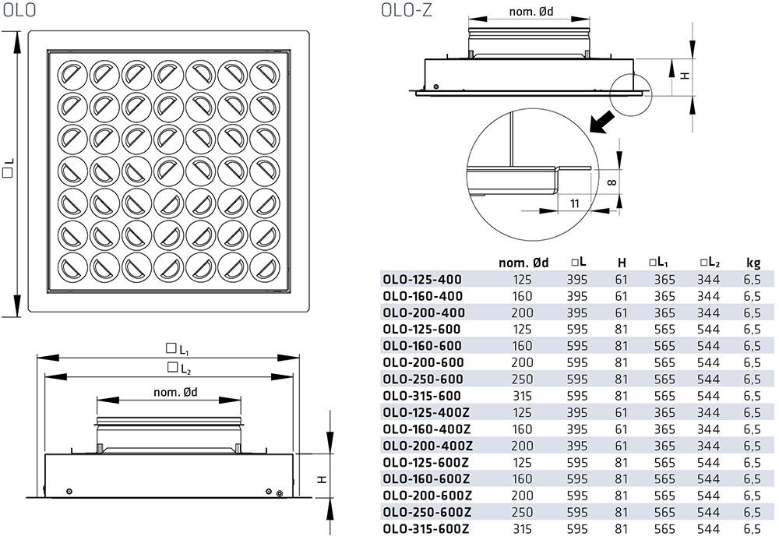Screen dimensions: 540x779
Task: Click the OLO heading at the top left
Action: click(19, 11)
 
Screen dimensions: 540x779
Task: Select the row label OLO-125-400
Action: click(422, 279)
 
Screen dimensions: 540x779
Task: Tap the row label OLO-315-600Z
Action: click(426, 528)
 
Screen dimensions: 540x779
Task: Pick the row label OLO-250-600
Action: click(423, 379)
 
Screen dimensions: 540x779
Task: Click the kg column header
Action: click(753, 263)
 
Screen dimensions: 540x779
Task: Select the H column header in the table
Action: click(622, 263)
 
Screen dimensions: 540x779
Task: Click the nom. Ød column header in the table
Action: click(523, 263)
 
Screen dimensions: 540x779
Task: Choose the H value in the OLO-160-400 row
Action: click(622, 295)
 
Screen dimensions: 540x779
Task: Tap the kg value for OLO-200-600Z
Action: click(753, 495)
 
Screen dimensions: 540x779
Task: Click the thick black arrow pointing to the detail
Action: click(600, 122)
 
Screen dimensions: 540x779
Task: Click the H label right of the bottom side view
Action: click(321, 478)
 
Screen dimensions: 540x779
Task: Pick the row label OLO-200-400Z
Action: click(426, 445)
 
